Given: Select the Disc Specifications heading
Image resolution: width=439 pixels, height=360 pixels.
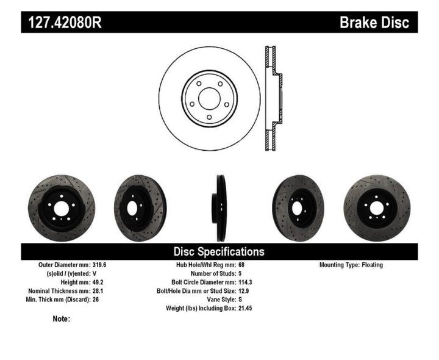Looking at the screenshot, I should pyautogui.click(x=219, y=251).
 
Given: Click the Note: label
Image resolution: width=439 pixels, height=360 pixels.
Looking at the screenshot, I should pyautogui.click(x=62, y=319).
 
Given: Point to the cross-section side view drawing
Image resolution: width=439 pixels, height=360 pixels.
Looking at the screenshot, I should pyautogui.click(x=273, y=98).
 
